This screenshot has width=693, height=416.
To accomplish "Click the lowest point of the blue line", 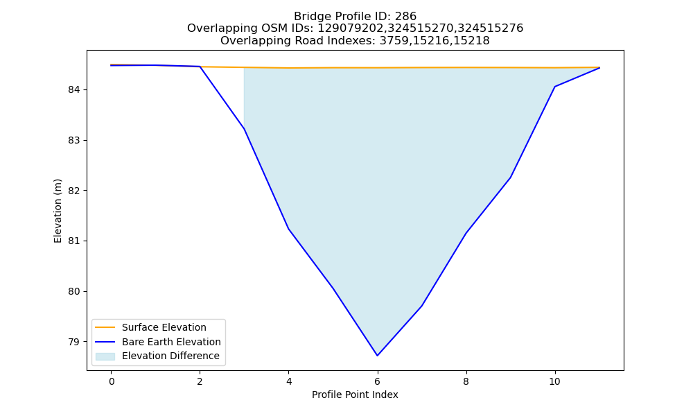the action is coord(377,356).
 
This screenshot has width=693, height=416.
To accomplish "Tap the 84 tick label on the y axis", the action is coord(74,89).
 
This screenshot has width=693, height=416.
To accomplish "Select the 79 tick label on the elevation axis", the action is coord(74,342).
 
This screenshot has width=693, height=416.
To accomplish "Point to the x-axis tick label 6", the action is coord(378,381).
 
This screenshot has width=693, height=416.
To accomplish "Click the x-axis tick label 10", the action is coord(554,381).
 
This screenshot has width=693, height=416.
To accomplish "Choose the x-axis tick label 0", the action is coord(112,381).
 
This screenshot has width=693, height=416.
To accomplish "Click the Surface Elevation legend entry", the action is coord(150,327).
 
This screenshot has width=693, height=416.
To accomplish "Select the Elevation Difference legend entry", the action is coord(157,356).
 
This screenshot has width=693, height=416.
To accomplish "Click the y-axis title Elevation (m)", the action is coord(58,211).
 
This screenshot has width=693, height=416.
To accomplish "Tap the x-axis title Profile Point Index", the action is coord(355,395).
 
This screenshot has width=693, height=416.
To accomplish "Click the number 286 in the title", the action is coord(405,17).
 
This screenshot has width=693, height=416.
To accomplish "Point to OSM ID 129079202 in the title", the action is coord(351,28).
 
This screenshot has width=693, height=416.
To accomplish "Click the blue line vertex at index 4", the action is coord(288,229).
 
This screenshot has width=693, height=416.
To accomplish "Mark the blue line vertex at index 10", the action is coord(554,87).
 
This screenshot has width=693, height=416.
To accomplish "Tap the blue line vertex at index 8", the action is coord(466,233).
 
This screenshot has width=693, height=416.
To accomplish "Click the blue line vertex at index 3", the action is coord(244,129).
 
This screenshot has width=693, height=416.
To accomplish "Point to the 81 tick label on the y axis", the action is coord(74,241).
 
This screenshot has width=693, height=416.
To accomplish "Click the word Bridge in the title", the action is coord(309,17).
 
